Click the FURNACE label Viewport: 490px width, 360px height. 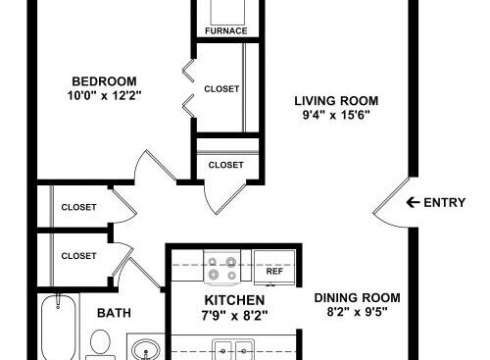226,31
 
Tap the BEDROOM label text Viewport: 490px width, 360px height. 104,81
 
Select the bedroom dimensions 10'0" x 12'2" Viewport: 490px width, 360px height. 104,96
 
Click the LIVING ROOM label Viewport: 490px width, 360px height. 336,101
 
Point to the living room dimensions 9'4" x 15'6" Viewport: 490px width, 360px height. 336,115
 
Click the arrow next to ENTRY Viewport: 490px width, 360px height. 413,202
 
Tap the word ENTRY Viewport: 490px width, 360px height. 445,203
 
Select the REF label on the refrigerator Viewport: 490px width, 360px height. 274,271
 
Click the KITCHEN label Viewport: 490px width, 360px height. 234,300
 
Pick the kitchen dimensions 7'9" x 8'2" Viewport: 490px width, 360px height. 234,316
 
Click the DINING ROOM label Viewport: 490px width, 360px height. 357,298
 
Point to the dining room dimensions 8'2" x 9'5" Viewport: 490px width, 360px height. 357,312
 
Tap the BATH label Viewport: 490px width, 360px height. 114,313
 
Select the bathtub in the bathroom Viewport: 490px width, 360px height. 59,327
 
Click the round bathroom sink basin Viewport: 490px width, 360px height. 145,349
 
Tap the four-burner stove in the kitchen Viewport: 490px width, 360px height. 222,267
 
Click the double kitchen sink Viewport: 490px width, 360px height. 233,350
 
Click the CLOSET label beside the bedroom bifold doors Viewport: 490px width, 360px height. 221,89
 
